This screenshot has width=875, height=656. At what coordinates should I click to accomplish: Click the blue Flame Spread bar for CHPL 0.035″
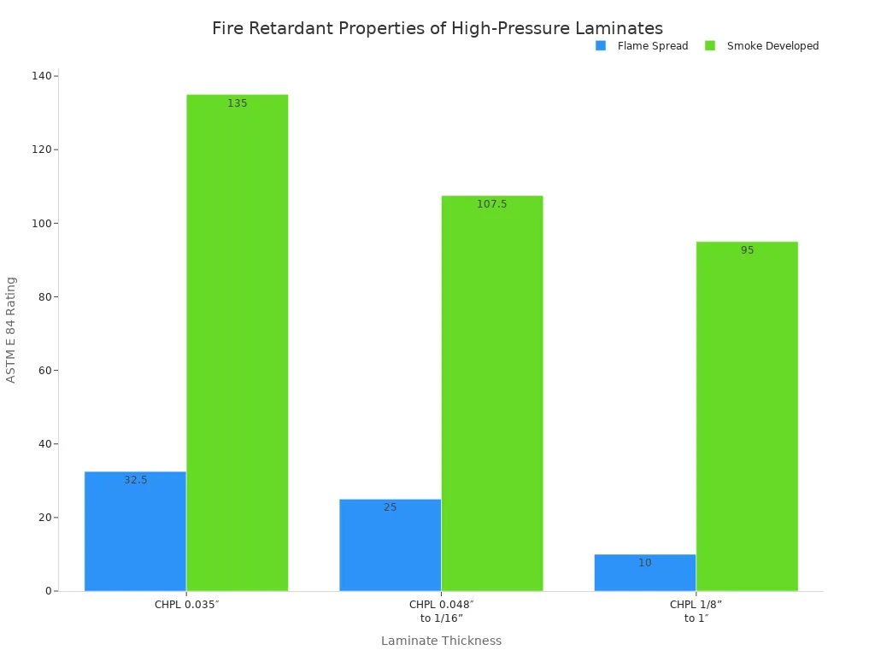[135, 531]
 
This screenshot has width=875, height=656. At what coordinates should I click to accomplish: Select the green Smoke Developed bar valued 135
[237, 343]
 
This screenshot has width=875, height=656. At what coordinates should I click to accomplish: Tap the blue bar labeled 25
[390, 545]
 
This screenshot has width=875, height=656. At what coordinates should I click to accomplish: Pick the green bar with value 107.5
[491, 393]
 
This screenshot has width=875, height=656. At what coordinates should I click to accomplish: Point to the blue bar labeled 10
[644, 572]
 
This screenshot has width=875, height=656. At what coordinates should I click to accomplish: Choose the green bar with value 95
[746, 416]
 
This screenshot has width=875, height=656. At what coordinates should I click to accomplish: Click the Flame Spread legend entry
[642, 46]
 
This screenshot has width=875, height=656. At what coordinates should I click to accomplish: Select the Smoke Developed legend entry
[762, 46]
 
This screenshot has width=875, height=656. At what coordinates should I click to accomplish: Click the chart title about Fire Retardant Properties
[437, 28]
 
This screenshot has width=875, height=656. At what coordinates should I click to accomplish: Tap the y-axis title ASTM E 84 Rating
[11, 330]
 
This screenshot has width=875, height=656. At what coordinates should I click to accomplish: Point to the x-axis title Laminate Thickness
[441, 641]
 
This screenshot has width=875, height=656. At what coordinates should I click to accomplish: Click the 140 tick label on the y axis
[41, 76]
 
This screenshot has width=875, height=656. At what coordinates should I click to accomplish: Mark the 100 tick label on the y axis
[41, 223]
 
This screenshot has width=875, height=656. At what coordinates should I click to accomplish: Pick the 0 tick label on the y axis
[48, 591]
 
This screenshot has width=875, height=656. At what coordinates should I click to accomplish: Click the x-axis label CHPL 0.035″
[186, 605]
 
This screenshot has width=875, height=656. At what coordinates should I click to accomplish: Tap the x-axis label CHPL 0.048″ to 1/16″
[441, 611]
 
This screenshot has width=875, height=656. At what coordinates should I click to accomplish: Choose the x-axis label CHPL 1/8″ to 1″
[696, 611]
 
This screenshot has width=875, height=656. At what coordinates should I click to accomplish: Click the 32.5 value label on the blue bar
[135, 480]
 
